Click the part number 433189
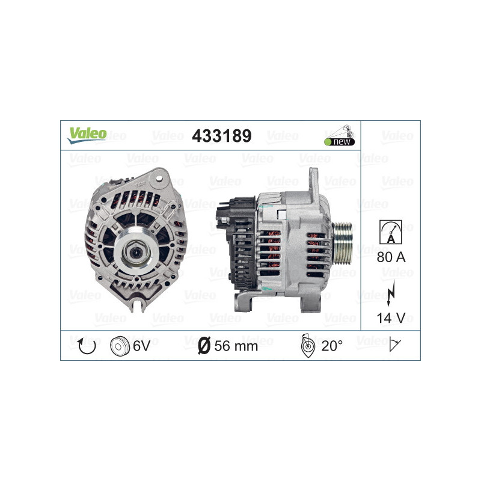[221, 136]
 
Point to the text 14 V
[390, 317]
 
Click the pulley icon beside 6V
[120, 346]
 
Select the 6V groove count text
[142, 346]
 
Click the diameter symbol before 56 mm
[204, 346]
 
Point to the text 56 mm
[236, 346]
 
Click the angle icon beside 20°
[307, 345]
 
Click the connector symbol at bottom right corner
[395, 345]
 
